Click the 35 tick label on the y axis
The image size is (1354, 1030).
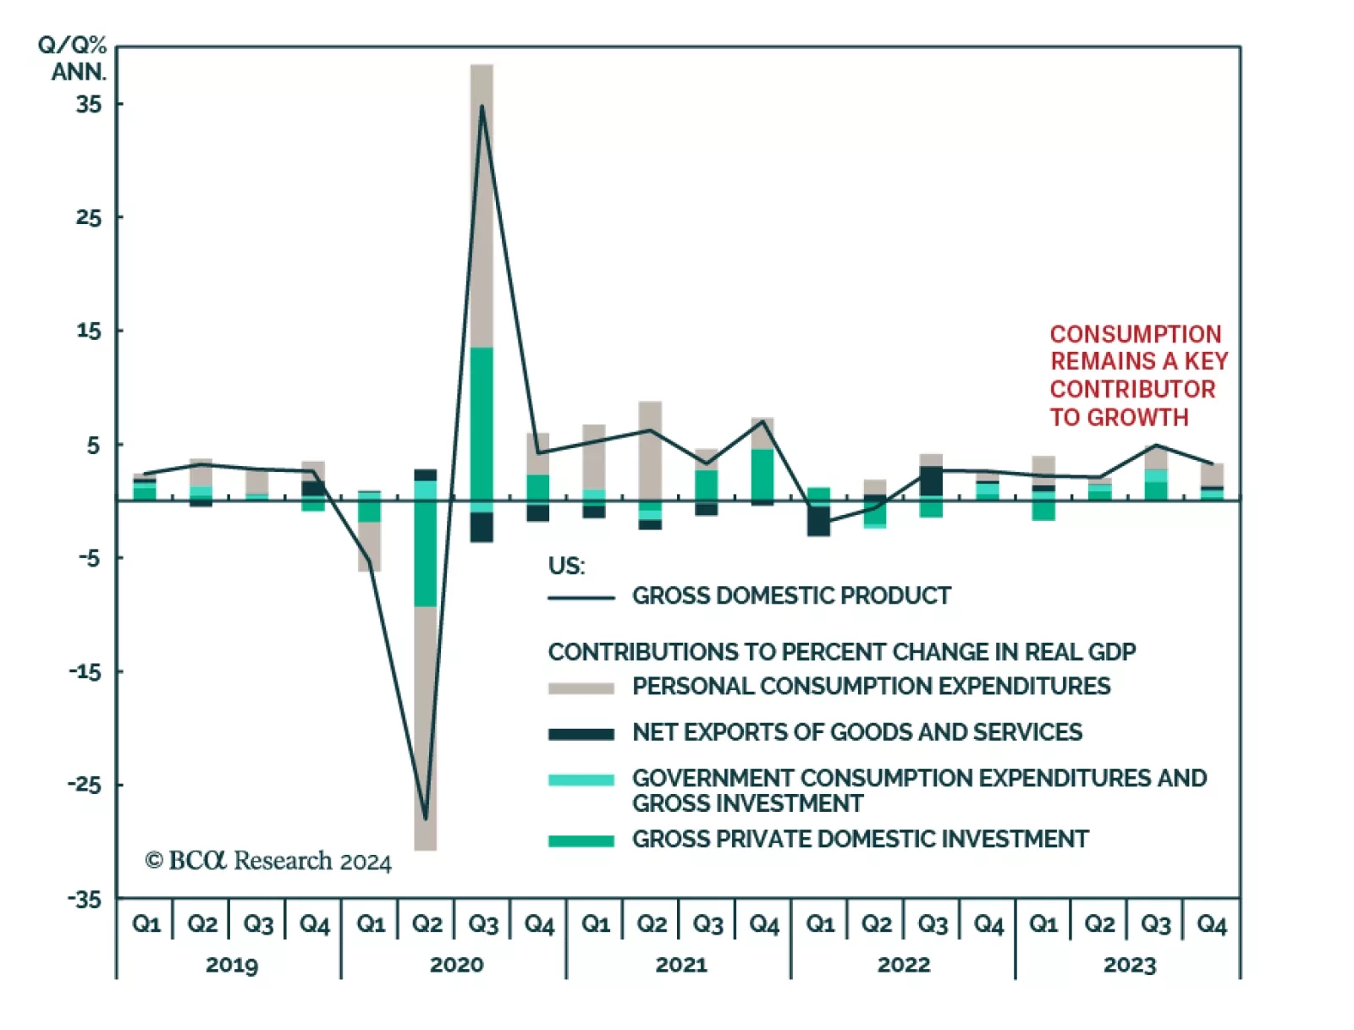88,104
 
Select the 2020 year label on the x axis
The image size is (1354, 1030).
456,965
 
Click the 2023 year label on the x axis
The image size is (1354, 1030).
1129,965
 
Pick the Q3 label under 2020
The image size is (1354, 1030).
482,924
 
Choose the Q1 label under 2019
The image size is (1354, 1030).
146,924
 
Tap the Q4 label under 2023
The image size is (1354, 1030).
1211,924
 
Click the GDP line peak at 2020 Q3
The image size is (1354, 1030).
482,107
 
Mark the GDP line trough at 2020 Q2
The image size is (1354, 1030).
426,818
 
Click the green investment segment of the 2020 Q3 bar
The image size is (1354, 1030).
482,427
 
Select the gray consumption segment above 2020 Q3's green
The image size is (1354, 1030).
482,203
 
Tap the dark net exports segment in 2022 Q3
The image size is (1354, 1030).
931,480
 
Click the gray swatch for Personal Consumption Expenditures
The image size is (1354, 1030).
581,688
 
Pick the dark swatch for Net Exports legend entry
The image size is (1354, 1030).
581,733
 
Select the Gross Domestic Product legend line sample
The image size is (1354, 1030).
581,598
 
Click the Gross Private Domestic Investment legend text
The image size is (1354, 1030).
860,839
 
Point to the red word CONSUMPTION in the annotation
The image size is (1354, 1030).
1136,334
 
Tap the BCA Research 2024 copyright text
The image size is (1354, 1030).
268,861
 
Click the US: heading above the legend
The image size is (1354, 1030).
566,565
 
